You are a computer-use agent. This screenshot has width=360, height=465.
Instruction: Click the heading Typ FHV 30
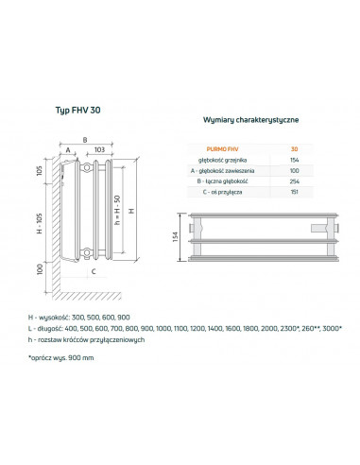click(78, 110)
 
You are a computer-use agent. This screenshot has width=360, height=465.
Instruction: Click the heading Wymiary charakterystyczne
click(250, 120)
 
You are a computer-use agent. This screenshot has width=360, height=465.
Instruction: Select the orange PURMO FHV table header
click(222, 149)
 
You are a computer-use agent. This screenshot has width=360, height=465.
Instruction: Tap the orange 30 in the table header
click(294, 149)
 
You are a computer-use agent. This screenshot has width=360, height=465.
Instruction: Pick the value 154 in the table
click(294, 160)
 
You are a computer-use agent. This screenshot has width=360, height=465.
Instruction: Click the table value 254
click(294, 181)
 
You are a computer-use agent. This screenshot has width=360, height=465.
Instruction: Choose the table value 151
click(294, 192)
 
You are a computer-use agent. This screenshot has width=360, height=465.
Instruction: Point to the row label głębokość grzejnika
click(222, 160)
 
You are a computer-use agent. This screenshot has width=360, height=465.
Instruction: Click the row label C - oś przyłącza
click(222, 192)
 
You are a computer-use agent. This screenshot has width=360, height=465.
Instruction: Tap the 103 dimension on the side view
click(99, 149)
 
